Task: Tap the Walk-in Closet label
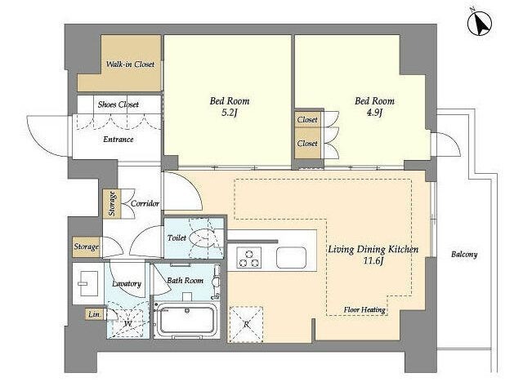130,64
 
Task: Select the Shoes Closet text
118,104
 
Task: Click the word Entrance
118,140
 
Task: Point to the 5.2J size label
229,113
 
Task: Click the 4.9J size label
374,113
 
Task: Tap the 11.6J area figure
373,260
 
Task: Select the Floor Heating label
364,309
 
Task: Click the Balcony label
464,255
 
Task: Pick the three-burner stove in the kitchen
248,257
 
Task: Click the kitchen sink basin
291,257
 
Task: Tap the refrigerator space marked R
246,324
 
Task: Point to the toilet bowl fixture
202,238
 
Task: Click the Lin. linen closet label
94,314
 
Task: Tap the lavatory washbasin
87,283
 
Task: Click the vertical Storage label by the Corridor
112,203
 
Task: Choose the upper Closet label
307,119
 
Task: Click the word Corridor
145,203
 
